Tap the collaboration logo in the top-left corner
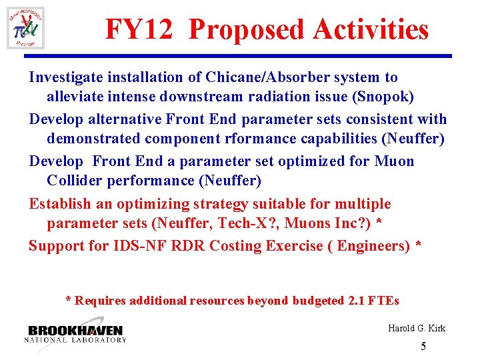26,28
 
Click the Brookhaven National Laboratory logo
75,333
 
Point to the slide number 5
423,347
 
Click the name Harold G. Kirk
417,328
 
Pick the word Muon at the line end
395,161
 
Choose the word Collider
74,181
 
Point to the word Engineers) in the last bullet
373,245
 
